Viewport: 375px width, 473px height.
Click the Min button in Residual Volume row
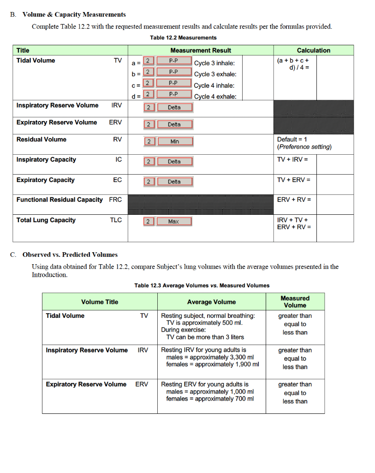pyautogui.click(x=174, y=142)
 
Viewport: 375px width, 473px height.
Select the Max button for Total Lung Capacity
pyautogui.click(x=173, y=222)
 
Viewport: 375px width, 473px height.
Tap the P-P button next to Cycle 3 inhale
pyautogui.click(x=173, y=61)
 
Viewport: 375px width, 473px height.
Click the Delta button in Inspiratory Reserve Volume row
pyautogui.click(x=174, y=108)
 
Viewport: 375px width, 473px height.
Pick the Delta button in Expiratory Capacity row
pyautogui.click(x=174, y=182)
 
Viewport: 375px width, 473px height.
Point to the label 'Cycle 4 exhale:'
pyautogui.click(x=215, y=97)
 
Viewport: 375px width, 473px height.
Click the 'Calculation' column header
pyautogui.click(x=313, y=50)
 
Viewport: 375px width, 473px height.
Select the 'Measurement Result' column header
pyautogui.click(x=201, y=50)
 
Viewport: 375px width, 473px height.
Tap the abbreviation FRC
pyautogui.click(x=116, y=200)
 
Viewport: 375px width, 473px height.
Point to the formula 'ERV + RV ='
pyautogui.click(x=294, y=200)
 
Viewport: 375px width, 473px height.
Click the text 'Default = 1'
pyautogui.click(x=292, y=139)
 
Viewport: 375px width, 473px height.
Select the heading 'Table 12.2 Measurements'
pyautogui.click(x=183, y=37)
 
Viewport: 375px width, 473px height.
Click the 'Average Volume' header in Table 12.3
pyautogui.click(x=211, y=302)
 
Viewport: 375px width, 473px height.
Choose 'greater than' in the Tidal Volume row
pyautogui.click(x=295, y=316)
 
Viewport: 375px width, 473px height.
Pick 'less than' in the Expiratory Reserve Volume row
pyautogui.click(x=295, y=401)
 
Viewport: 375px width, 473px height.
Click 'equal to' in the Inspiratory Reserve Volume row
pyautogui.click(x=295, y=358)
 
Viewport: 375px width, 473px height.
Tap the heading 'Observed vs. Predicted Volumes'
pyautogui.click(x=70, y=255)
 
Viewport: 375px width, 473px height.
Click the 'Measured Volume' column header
pyautogui.click(x=295, y=302)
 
